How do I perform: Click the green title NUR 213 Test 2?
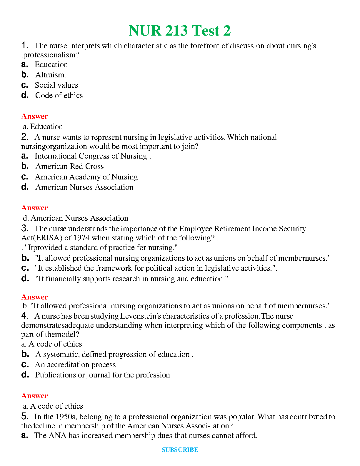(179, 31)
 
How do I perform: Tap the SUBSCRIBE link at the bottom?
(180, 450)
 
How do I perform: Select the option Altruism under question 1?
(51, 75)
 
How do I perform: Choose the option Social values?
(56, 85)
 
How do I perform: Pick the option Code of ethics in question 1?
(59, 95)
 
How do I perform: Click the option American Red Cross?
(69, 166)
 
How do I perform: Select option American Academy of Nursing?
(86, 177)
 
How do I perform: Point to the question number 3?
(24, 228)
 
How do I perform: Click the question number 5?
(24, 416)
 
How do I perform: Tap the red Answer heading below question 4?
(34, 396)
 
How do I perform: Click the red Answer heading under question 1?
(34, 116)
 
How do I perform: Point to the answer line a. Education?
(43, 127)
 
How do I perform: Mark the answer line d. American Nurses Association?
(76, 218)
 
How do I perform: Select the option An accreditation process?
(75, 365)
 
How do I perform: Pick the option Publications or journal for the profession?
(102, 375)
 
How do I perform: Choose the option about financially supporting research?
(131, 279)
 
